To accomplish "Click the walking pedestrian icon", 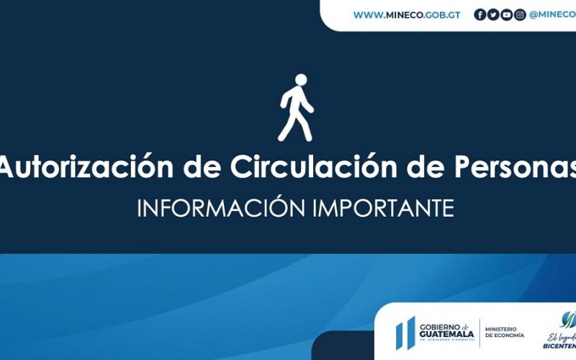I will [296, 108].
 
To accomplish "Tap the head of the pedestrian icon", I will [301, 80].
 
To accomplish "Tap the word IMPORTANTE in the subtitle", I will [383, 208].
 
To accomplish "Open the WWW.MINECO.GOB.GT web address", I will [406, 14].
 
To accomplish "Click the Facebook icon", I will [480, 14].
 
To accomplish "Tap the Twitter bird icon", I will [493, 14].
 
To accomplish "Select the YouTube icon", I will [506, 14].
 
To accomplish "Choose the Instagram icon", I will [520, 14].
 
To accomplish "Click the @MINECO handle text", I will [552, 14].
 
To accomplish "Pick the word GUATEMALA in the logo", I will [446, 334].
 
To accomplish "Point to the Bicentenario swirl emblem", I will [569, 319].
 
